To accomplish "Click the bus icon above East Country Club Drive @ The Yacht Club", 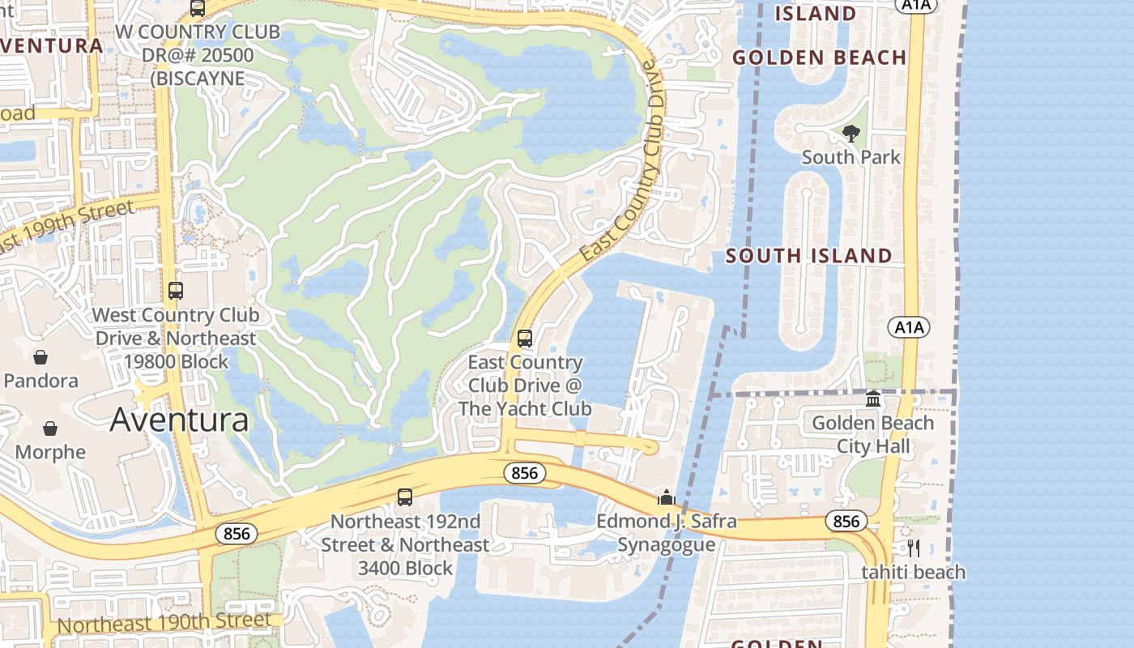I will [525, 338].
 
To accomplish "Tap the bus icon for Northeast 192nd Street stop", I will [405, 497].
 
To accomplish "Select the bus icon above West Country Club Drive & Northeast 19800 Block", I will [176, 290].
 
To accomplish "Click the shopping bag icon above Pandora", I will [40, 357].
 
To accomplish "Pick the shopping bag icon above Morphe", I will [50, 428].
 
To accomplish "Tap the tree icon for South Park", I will [850, 133].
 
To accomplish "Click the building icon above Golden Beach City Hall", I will [873, 399].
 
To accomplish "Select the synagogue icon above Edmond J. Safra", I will [667, 497].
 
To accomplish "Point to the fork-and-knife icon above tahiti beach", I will [914, 548].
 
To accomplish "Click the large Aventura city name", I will [179, 420].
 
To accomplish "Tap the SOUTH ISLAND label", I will [808, 256].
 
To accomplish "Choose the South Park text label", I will [850, 156].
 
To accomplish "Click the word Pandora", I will [40, 381].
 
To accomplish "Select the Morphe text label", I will [50, 452].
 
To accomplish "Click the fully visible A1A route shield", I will [909, 327].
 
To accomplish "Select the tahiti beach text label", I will [913, 573].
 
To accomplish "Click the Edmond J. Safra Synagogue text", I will [667, 532].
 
